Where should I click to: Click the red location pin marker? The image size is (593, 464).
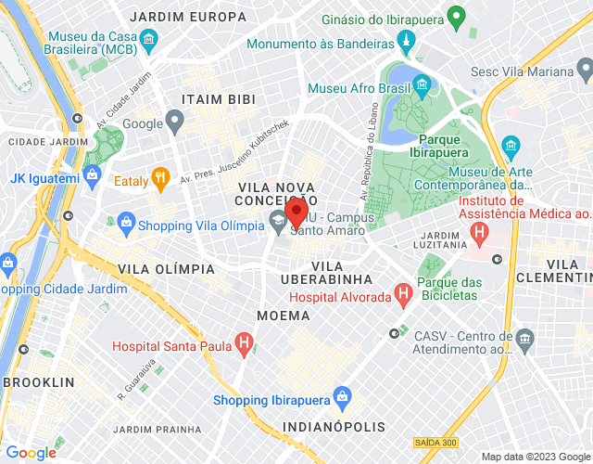click(x=296, y=214)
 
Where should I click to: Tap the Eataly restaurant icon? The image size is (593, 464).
click(x=161, y=177)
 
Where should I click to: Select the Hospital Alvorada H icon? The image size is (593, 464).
click(x=402, y=296)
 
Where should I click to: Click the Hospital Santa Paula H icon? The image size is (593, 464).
click(x=243, y=345)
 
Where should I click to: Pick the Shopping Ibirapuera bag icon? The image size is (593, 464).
click(x=341, y=399)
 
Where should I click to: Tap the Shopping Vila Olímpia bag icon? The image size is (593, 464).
click(x=125, y=222)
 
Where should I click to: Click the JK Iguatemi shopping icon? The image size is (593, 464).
click(x=91, y=172)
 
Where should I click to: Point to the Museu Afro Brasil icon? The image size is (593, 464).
click(x=423, y=88)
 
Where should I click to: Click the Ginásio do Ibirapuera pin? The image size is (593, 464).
click(x=455, y=16)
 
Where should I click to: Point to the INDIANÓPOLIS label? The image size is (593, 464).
click(x=347, y=427)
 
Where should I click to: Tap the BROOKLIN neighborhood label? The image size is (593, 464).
click(x=38, y=382)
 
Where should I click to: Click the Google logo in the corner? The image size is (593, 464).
click(x=30, y=452)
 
